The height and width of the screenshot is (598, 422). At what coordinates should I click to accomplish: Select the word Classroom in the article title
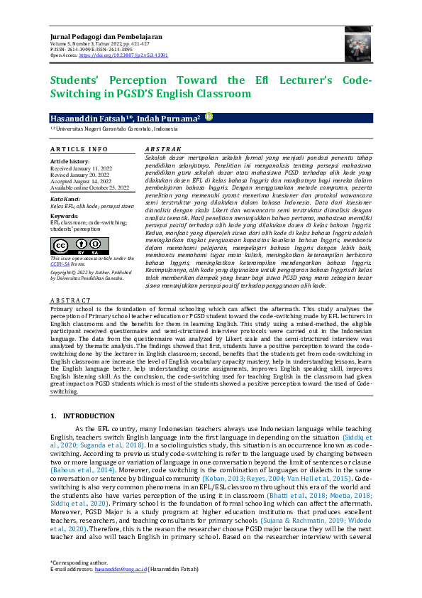222,93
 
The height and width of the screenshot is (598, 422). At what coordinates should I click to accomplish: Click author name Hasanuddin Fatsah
91,116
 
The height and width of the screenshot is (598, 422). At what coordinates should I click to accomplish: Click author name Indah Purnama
172,116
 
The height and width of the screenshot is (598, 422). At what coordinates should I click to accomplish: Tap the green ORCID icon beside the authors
209,116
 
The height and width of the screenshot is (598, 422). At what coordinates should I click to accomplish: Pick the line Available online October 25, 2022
90,187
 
